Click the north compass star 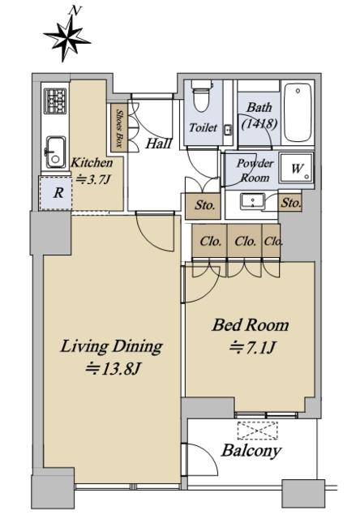pos(67,38)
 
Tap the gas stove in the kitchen pos(54,101)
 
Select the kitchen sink pos(55,152)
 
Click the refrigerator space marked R pos(56,193)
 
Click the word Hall pos(159,143)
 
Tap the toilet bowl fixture pos(202,96)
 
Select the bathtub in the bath pos(298,113)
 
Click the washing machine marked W pos(296,168)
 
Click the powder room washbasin pos(252,202)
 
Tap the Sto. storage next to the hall pos(203,206)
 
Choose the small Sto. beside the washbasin pos(290,202)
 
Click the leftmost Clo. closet pos(209,241)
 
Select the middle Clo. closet pos(245,241)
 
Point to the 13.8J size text pos(114,369)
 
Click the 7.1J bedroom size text pos(252,348)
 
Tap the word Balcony pos(251,451)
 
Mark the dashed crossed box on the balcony pos(257,431)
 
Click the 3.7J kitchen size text pos(92,180)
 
